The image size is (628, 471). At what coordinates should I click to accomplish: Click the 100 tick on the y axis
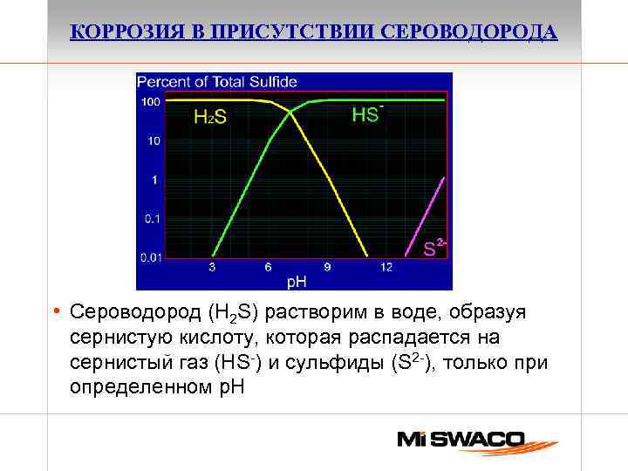(x=150, y=102)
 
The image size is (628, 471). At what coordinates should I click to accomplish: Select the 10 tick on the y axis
(x=154, y=140)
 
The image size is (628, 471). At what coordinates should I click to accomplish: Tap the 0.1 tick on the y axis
(x=152, y=219)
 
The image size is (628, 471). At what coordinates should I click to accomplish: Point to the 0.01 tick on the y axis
(x=150, y=257)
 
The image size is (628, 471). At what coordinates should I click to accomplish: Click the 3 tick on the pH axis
(x=212, y=268)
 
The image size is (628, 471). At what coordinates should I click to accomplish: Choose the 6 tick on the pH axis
(x=270, y=268)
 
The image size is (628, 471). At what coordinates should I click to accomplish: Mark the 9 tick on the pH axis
(x=327, y=268)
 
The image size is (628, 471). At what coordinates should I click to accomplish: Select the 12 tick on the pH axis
(x=386, y=268)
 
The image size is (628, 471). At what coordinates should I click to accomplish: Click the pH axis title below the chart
(x=297, y=282)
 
